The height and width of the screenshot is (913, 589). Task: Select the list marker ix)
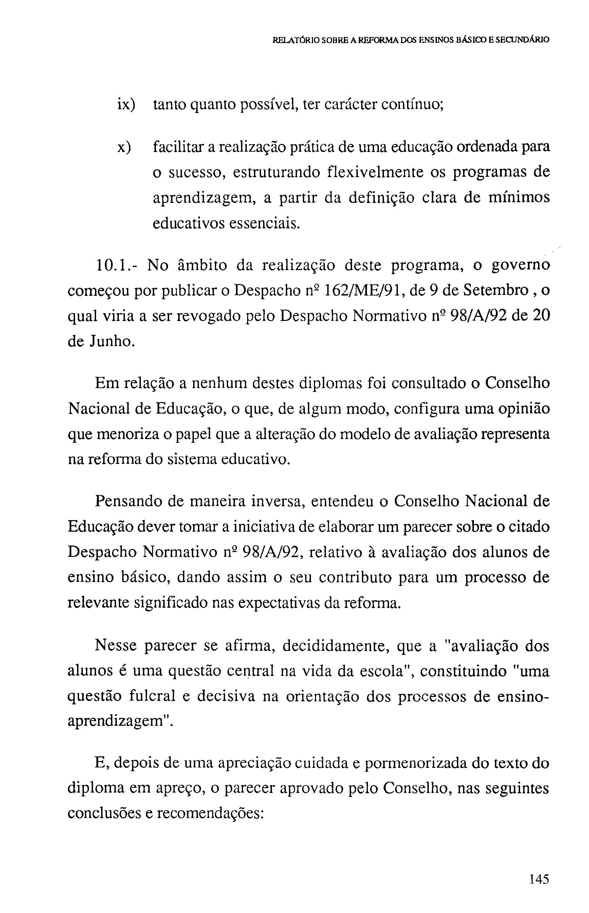point(126,105)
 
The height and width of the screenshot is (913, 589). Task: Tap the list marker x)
point(124,147)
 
